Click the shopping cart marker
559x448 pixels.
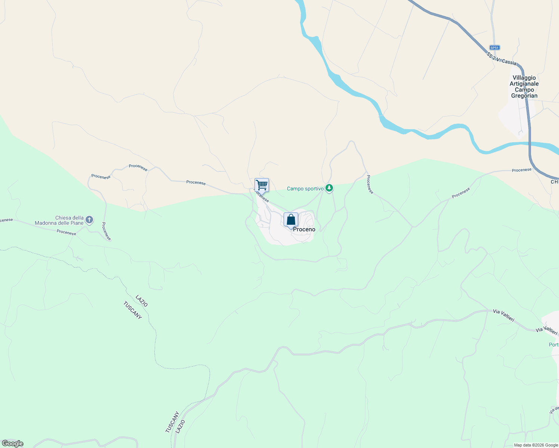point(262,185)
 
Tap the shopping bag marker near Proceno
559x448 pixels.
point(291,220)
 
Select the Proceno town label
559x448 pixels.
point(304,230)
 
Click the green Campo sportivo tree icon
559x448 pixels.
point(329,188)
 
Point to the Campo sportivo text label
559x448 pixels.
point(305,189)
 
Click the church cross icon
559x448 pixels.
point(89,220)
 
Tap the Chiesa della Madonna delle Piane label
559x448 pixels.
point(59,220)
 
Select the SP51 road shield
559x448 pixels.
point(494,48)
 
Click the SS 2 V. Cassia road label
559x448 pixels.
point(501,59)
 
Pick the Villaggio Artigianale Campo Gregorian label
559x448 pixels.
point(524,87)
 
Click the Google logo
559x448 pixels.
point(12,444)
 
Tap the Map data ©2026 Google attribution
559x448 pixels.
point(536,445)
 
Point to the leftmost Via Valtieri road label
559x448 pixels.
point(503,315)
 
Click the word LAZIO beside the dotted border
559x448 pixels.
point(142,301)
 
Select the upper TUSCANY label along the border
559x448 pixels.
point(132,310)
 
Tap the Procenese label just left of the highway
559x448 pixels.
point(522,170)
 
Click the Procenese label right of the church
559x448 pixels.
point(106,231)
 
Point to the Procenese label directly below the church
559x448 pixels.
point(67,232)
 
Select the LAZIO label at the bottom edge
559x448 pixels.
point(180,427)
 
